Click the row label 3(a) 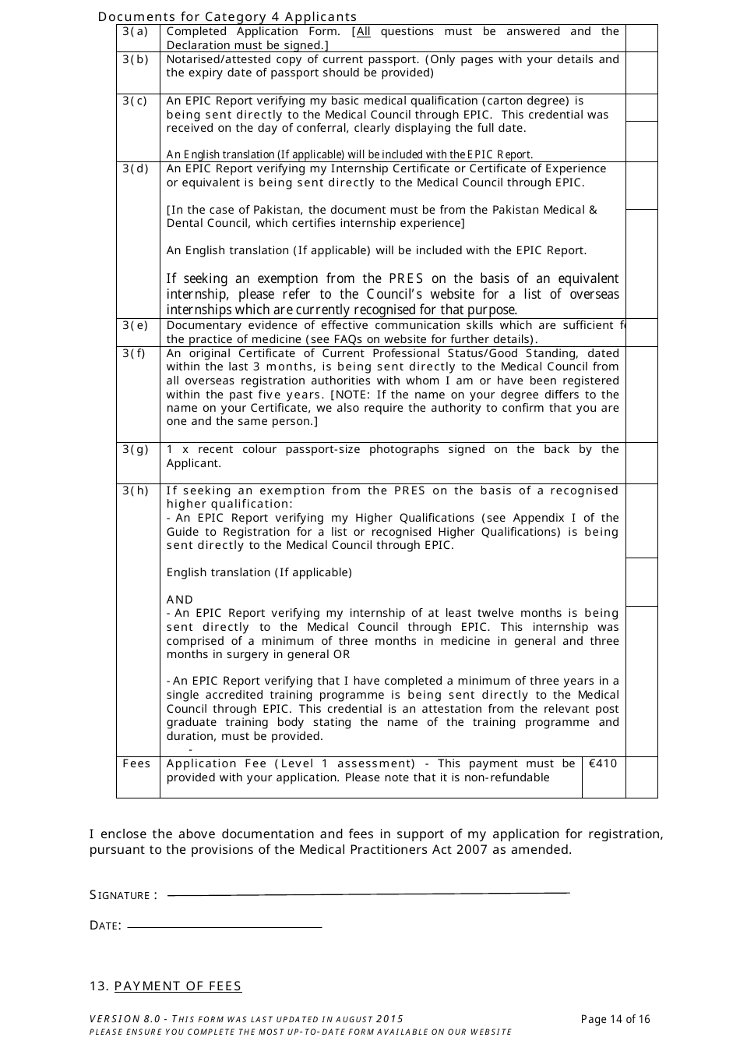point(135,32)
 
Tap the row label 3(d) point(135,169)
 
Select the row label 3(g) point(135,450)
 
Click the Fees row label point(136,764)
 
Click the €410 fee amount point(603,764)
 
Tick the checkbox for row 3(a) point(642,38)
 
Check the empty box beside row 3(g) point(642,463)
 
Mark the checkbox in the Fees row point(642,777)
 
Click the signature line point(368,894)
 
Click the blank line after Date point(224,927)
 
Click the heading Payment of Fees point(178,986)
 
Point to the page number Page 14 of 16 point(615,1019)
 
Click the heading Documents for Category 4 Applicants point(227,16)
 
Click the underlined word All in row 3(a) point(363,32)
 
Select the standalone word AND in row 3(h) point(179,600)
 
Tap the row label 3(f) point(134,353)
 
